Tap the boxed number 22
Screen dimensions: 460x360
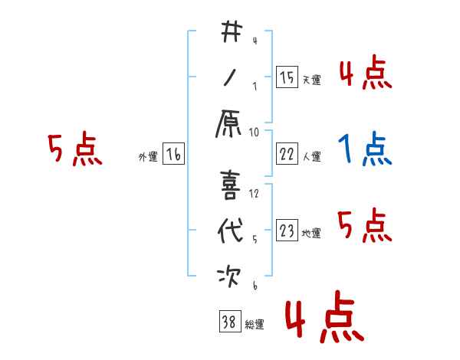(287, 153)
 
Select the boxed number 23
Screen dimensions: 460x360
(287, 231)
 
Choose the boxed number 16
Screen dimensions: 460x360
(173, 154)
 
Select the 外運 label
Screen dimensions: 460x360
(147, 157)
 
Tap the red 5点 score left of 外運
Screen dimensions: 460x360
(74, 149)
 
